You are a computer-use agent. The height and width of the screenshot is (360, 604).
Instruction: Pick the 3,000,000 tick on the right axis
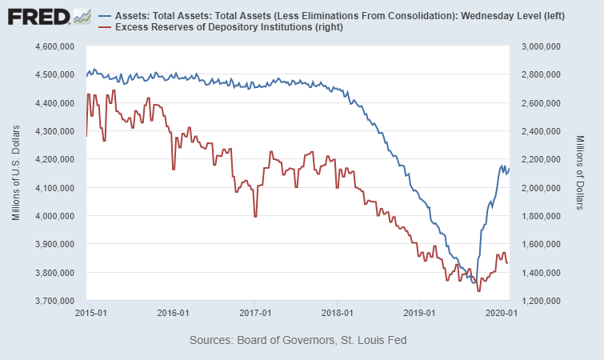[x=540, y=46]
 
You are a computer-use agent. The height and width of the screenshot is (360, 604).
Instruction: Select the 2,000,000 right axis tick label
[x=540, y=188]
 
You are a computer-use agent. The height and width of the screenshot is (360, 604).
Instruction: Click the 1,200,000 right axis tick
[x=540, y=301]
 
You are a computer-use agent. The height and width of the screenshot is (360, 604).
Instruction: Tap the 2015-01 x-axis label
[x=90, y=313]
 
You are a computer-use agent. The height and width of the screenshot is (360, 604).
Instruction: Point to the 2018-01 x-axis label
[x=336, y=313]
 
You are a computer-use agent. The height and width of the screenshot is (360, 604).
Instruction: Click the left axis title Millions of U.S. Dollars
[x=15, y=174]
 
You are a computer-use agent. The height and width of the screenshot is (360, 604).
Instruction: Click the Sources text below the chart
[x=298, y=340]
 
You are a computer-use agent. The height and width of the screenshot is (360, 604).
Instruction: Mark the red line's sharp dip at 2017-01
[x=255, y=216]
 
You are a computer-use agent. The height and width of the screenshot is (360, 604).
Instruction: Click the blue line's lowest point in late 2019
[x=475, y=283]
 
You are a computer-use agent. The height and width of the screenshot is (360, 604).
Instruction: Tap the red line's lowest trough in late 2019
[x=478, y=290]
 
